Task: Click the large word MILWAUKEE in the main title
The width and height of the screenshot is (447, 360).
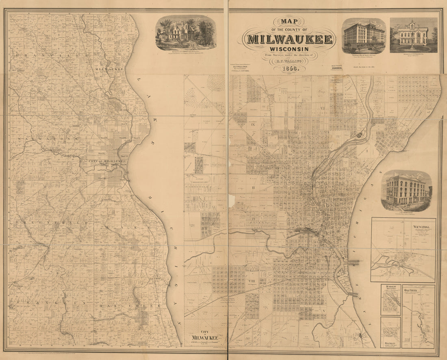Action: coord(290,39)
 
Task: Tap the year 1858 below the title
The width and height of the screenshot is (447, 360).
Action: coord(289,69)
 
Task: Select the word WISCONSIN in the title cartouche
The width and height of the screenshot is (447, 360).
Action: coord(289,49)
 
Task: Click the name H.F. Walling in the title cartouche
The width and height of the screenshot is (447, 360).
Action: coord(289,61)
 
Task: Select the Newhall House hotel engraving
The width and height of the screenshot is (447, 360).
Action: coord(364,36)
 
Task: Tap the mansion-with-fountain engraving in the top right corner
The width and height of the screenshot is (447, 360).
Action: coord(413,35)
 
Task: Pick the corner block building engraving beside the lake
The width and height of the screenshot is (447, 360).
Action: coord(406,190)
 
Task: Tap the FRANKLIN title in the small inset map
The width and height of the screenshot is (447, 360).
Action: coord(391,344)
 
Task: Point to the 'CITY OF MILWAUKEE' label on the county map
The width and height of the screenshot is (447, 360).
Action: coord(106,161)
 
